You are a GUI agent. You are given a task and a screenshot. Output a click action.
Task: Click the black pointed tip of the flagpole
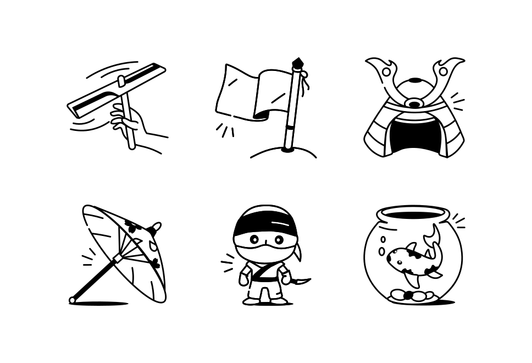coord(297,62)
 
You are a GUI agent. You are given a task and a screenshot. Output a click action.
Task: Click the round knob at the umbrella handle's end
coord(72,300)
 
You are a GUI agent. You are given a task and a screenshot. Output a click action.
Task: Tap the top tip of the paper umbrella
coord(157,226)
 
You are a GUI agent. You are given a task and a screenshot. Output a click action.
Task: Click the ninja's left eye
coord(254,240)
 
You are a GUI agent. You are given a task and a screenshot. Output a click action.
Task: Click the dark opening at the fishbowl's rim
coord(413,215)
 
